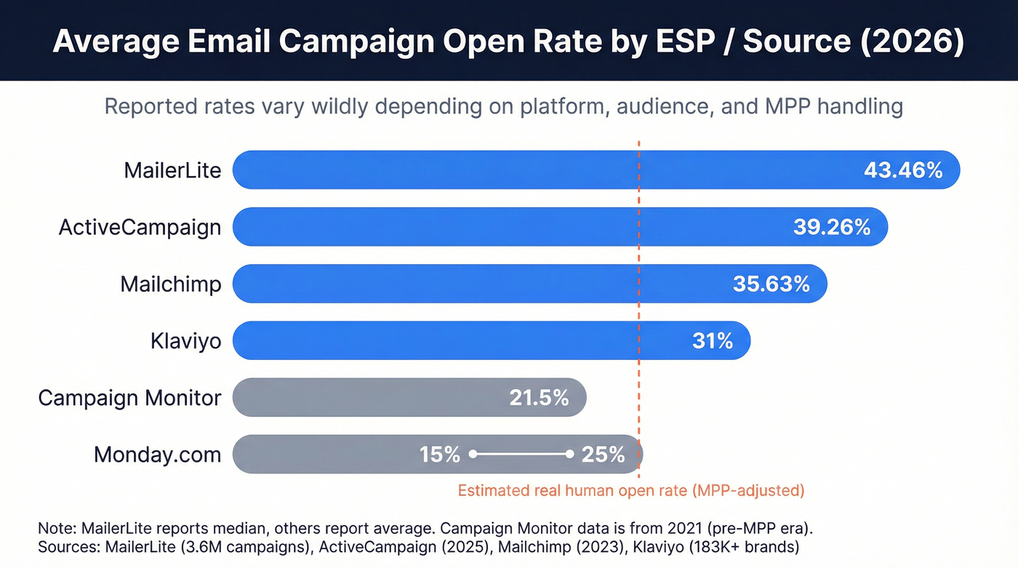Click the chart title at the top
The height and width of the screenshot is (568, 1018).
tap(508, 41)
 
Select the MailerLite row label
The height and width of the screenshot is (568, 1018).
tap(172, 171)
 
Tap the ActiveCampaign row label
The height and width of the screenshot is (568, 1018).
tap(140, 227)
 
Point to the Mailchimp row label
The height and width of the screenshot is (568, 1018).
tap(170, 284)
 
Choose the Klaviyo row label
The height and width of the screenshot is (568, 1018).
tap(185, 340)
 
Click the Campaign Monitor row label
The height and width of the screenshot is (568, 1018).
tap(129, 398)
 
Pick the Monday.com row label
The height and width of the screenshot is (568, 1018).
tap(157, 455)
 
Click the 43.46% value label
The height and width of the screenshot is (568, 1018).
tap(902, 170)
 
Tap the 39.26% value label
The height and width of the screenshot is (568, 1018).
tap(831, 227)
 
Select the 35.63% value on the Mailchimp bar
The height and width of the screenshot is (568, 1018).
tap(771, 284)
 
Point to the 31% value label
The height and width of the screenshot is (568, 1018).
tap(712, 340)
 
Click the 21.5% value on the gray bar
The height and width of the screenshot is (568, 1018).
tap(539, 398)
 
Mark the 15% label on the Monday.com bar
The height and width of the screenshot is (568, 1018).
tap(440, 455)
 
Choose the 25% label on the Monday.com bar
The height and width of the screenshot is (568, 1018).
tap(603, 455)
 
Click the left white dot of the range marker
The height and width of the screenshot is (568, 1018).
tap(473, 454)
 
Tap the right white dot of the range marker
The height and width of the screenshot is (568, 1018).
tap(569, 454)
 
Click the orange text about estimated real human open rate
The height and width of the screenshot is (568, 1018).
tap(630, 490)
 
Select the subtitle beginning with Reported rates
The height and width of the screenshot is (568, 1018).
tap(503, 107)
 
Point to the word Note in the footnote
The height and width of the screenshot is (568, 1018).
tap(56, 527)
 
